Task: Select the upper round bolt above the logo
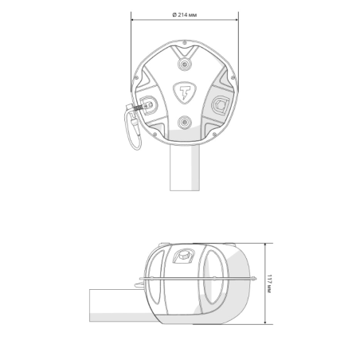(x=185, y=64)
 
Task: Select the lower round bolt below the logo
(x=185, y=123)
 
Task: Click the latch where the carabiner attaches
(x=146, y=104)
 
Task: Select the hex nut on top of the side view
(x=184, y=255)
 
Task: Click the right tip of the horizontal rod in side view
(x=254, y=278)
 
